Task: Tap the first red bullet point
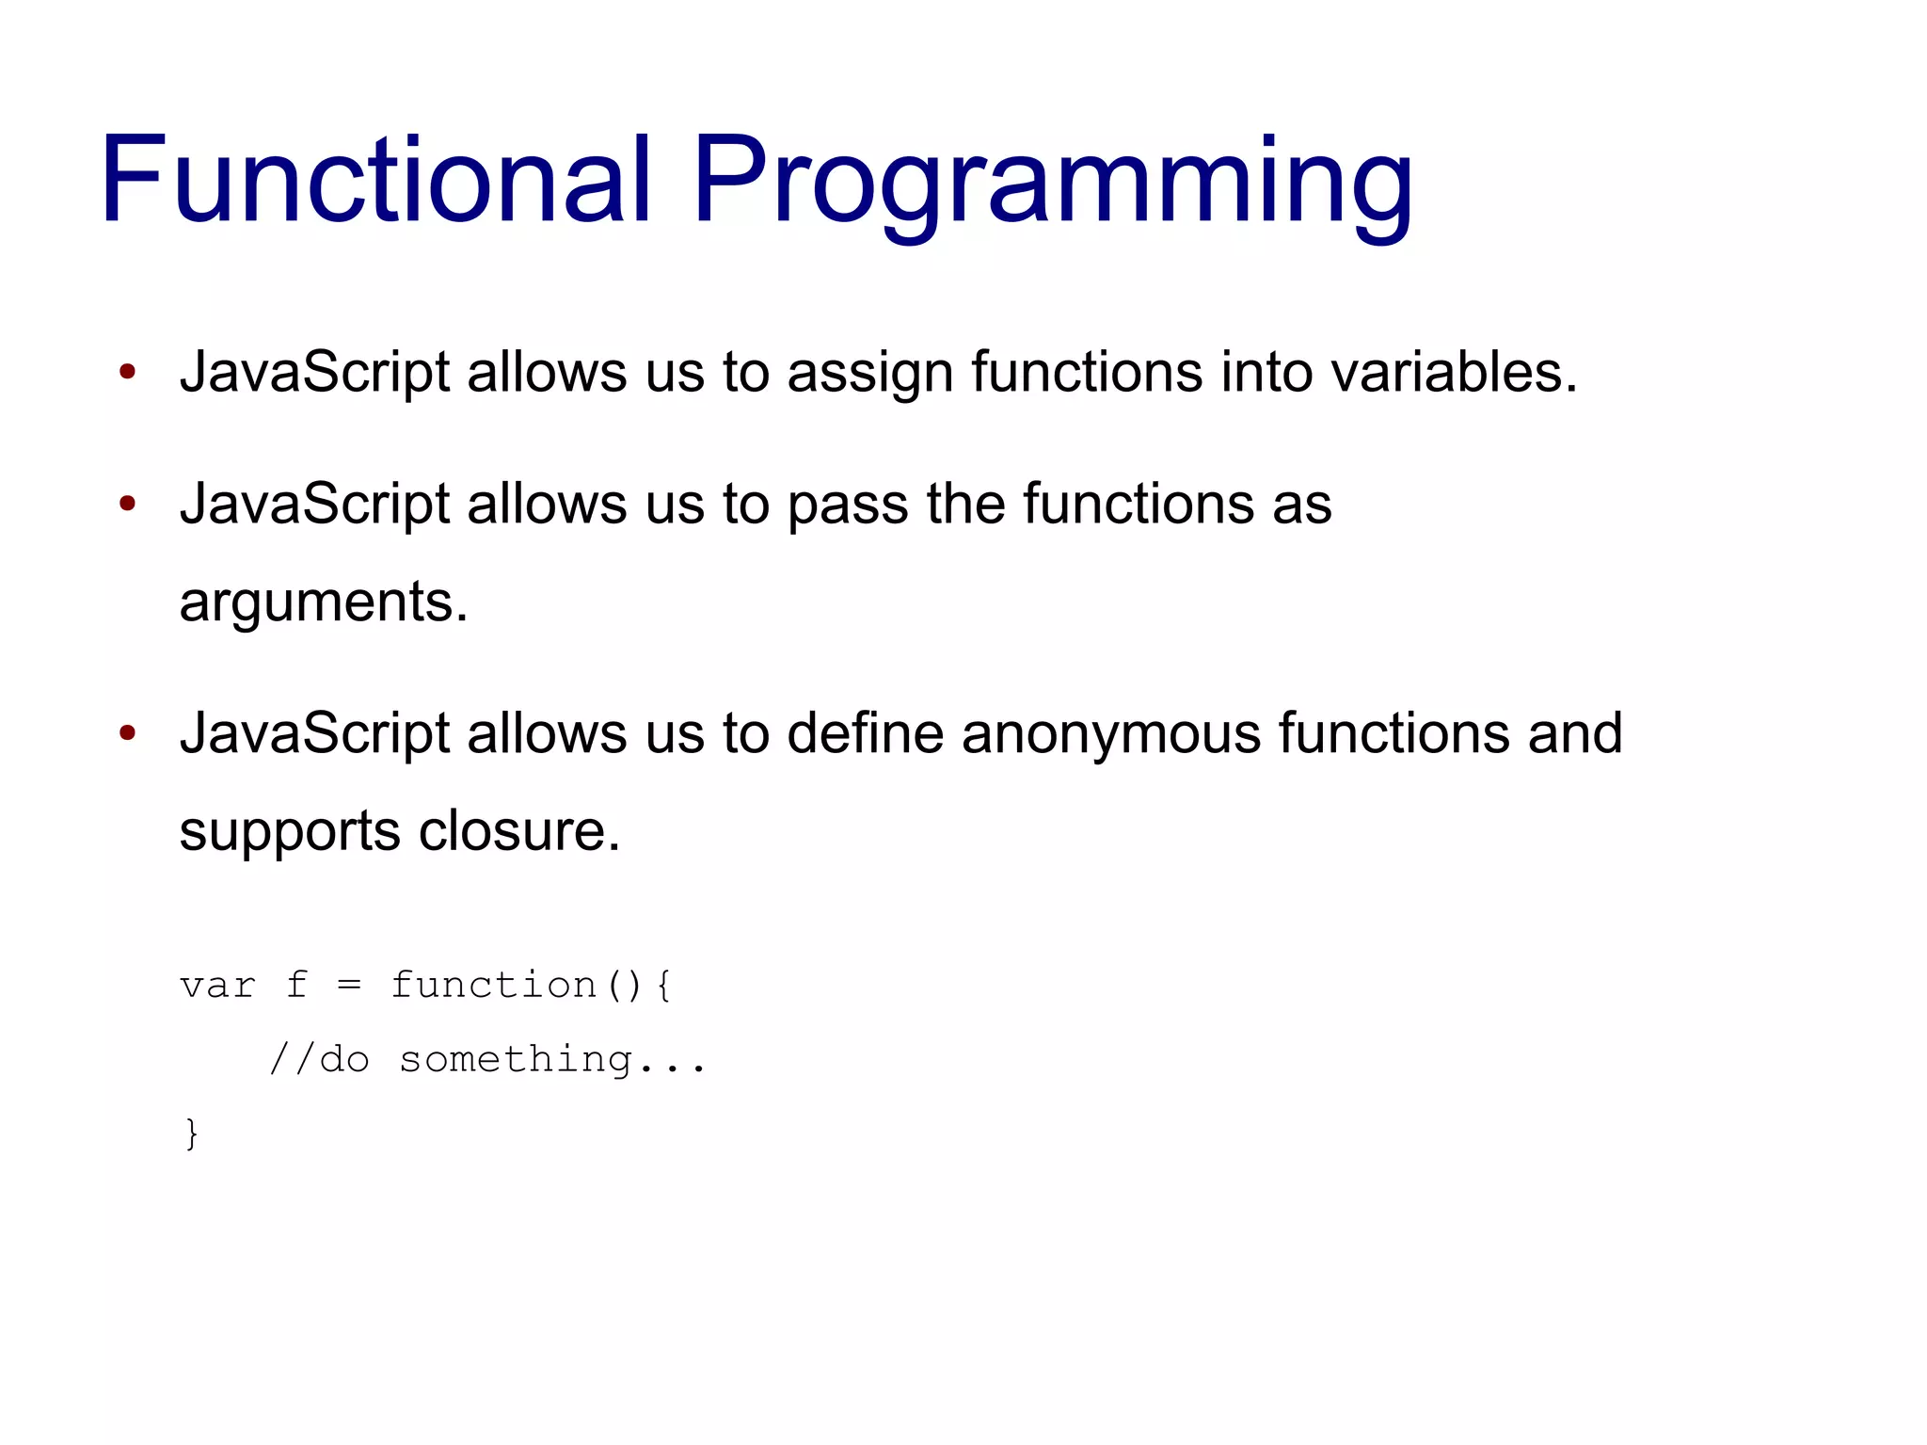(128, 371)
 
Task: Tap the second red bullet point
(128, 503)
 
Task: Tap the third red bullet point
(128, 732)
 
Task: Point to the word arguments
(322, 602)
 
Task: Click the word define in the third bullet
(865, 732)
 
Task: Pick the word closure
(518, 830)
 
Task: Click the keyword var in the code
(217, 986)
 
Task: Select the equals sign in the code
(349, 986)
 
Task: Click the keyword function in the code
(494, 985)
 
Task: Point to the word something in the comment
(516, 1060)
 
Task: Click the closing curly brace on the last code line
(192, 1132)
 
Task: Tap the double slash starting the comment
(291, 1059)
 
